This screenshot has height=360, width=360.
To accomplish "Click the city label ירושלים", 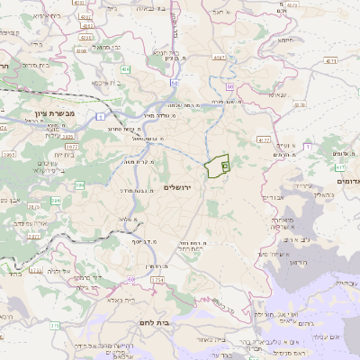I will click(179, 186).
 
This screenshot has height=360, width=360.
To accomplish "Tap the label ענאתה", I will click(278, 94).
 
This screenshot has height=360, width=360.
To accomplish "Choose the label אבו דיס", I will click(271, 195).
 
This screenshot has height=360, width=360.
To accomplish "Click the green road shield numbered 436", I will click(127, 68).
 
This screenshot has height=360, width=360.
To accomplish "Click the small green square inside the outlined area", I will click(224, 166).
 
